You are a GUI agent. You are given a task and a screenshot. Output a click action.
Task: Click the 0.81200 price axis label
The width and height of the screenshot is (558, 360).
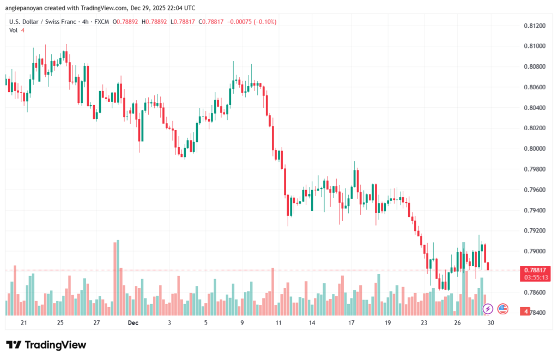pyautogui.click(x=535, y=26)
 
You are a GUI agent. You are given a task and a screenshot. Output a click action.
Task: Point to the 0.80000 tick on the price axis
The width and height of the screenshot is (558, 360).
pyautogui.click(x=535, y=149)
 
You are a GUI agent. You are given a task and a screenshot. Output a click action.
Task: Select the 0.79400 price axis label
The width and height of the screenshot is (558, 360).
pyautogui.click(x=535, y=210)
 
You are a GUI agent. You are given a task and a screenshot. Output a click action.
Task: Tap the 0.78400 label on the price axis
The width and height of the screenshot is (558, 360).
pyautogui.click(x=535, y=313)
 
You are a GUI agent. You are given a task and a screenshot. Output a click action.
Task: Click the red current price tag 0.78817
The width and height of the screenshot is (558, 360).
pyautogui.click(x=535, y=270)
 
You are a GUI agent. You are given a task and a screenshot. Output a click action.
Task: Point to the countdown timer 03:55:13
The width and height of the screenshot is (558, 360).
pyautogui.click(x=535, y=277)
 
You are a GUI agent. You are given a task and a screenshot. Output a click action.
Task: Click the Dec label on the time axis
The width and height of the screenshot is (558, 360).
pyautogui.click(x=133, y=322)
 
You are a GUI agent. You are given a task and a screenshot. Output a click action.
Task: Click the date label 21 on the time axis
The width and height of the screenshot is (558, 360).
pyautogui.click(x=23, y=322)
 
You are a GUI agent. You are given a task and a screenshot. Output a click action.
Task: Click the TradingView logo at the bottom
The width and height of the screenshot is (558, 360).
pyautogui.click(x=46, y=345)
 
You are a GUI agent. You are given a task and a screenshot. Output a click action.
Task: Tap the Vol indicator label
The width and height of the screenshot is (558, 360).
pyautogui.click(x=13, y=30)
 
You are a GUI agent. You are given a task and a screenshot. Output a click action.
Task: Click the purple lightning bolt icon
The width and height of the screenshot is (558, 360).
pyautogui.click(x=488, y=309)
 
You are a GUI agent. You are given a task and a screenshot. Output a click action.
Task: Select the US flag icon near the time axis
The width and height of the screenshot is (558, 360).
pyautogui.click(x=502, y=309)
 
